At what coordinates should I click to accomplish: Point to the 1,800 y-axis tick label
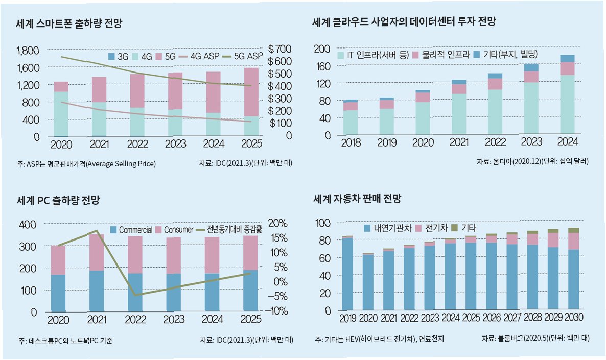28,51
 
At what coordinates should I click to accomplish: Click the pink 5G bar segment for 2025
251,92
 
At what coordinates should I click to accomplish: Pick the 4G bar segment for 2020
61,114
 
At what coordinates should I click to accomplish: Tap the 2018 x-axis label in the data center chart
351,142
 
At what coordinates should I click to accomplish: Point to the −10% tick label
278,311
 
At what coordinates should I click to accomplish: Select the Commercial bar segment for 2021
97,291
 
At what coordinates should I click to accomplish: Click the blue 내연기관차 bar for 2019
347,274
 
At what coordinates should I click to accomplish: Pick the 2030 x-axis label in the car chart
573,318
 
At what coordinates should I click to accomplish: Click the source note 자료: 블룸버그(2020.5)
535,339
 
